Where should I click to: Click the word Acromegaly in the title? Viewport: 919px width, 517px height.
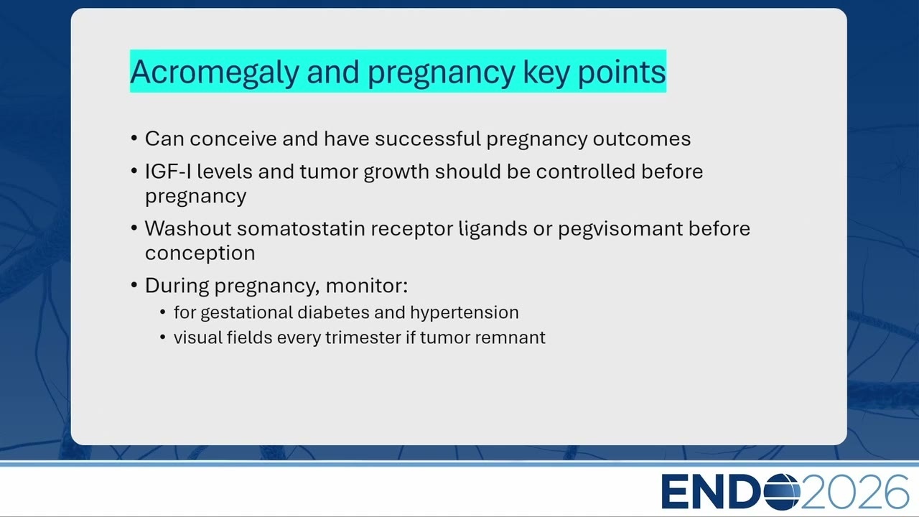click(x=215, y=73)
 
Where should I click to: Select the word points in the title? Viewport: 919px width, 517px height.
click(x=622, y=73)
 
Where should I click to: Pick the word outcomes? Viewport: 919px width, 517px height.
click(x=642, y=139)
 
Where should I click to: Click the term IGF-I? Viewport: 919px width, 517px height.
click(x=168, y=171)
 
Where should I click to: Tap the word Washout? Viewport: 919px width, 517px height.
click(x=188, y=228)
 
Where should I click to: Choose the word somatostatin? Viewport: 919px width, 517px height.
click(x=301, y=228)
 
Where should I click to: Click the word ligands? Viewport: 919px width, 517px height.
click(x=493, y=229)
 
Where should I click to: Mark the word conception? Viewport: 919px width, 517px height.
click(x=200, y=253)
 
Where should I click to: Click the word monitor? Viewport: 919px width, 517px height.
click(x=366, y=286)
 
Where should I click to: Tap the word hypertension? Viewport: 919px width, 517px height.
click(x=464, y=312)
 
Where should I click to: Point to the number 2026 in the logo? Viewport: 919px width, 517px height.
click(x=855, y=491)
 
